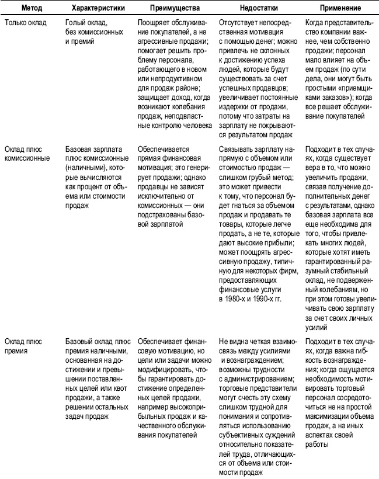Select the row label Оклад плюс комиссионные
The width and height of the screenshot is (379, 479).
[x=27, y=154]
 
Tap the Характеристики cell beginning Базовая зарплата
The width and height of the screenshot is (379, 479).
[x=96, y=150]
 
